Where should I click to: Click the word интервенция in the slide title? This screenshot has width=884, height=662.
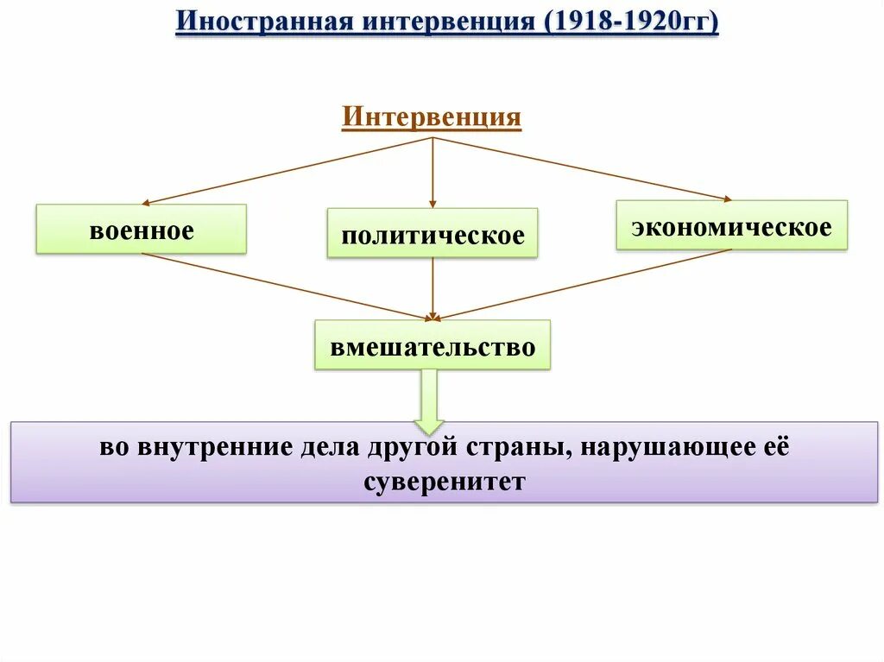point(442,21)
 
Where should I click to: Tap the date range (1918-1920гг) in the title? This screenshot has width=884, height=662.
point(632,21)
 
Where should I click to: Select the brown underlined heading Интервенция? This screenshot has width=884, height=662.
point(432,117)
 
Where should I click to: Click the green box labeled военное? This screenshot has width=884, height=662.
point(141,229)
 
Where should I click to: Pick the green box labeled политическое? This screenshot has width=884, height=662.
point(433,233)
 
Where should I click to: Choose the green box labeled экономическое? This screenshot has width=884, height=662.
point(731,225)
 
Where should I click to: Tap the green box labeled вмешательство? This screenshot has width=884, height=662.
point(433,345)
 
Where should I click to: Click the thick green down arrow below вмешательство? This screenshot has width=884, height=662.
point(429,400)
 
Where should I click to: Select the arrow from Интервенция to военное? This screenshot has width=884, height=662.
point(285,170)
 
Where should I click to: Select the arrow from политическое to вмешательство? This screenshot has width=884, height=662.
point(433,288)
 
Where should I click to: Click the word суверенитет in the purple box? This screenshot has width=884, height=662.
point(445,481)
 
